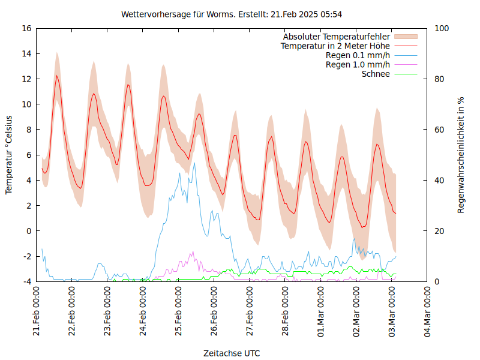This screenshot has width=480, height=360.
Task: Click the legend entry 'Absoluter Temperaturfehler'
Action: coord(337,37)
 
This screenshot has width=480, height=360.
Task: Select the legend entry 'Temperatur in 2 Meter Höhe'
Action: coord(335,46)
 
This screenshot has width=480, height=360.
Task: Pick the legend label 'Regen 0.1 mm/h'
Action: coord(358,55)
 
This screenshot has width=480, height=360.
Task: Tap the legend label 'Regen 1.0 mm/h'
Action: coord(358,64)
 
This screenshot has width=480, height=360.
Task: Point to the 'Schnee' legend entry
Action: coord(376,74)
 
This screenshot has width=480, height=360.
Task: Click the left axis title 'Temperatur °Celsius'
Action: coord(9,155)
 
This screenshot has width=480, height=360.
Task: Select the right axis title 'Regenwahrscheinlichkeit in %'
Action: coord(461,155)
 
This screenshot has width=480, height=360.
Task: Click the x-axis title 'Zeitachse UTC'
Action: coord(232,353)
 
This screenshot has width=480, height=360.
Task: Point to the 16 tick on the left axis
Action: coord(26,28)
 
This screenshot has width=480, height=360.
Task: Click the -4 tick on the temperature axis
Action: coord(26,281)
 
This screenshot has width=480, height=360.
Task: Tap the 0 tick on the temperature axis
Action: coord(29,231)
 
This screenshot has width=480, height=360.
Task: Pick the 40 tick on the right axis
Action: coord(438,181)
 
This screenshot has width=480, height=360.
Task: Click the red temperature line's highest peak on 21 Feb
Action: coord(57,76)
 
